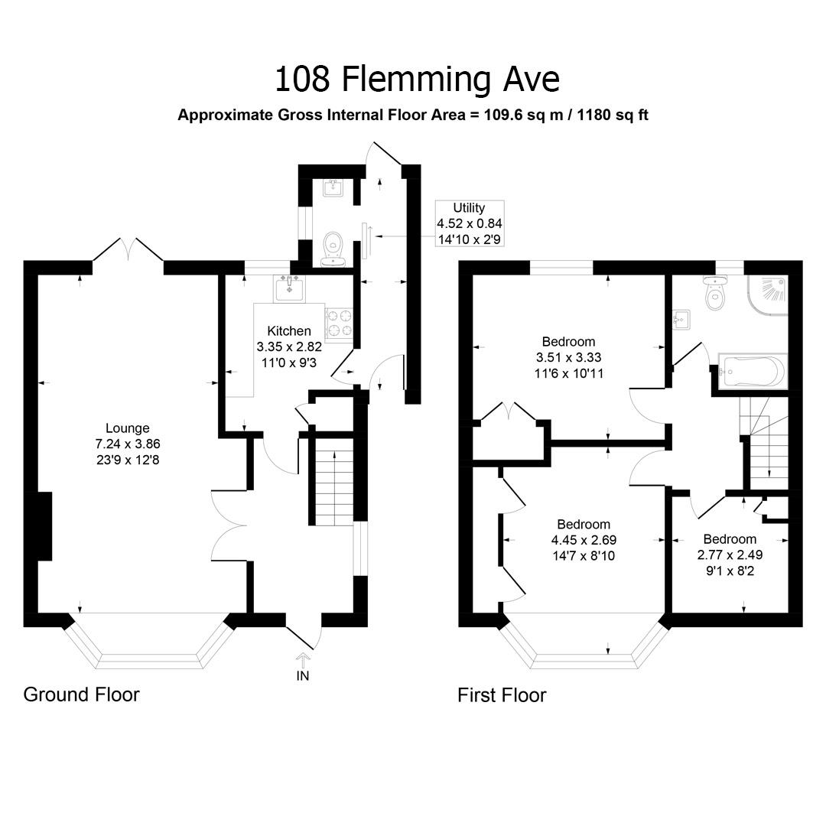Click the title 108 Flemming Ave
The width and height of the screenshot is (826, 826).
pos(417,78)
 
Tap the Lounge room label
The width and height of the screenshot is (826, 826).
pos(128,428)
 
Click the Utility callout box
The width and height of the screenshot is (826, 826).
pos(469,223)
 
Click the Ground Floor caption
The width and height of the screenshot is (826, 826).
pos(81,694)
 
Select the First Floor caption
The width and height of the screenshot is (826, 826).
pos(502,695)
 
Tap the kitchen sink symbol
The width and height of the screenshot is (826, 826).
pos(289,288)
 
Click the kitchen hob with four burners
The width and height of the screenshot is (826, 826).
pos(340,323)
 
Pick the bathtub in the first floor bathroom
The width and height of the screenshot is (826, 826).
pos(751,372)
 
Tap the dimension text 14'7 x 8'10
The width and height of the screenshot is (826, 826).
pos(584,556)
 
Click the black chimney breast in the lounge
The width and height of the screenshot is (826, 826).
pos(44,525)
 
